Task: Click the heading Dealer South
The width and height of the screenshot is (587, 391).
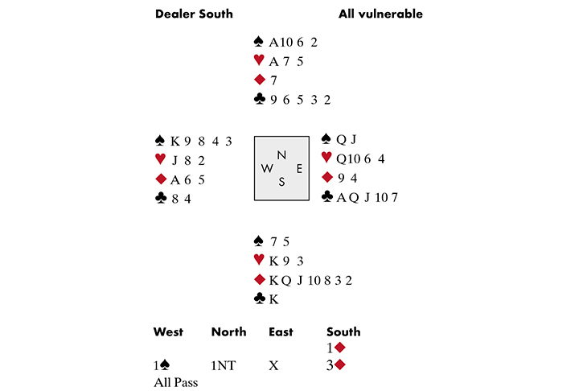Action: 194,14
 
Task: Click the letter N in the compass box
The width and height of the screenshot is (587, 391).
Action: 281,154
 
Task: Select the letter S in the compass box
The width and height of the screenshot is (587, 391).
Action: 281,182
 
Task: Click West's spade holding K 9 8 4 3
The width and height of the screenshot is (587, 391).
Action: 201,141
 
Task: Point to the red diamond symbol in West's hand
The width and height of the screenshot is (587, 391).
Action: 163,179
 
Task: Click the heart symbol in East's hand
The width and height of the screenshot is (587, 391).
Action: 326,158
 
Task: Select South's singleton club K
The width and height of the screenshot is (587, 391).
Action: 273,298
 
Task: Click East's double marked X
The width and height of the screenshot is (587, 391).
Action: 273,364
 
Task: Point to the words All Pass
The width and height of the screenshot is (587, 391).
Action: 175,382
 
